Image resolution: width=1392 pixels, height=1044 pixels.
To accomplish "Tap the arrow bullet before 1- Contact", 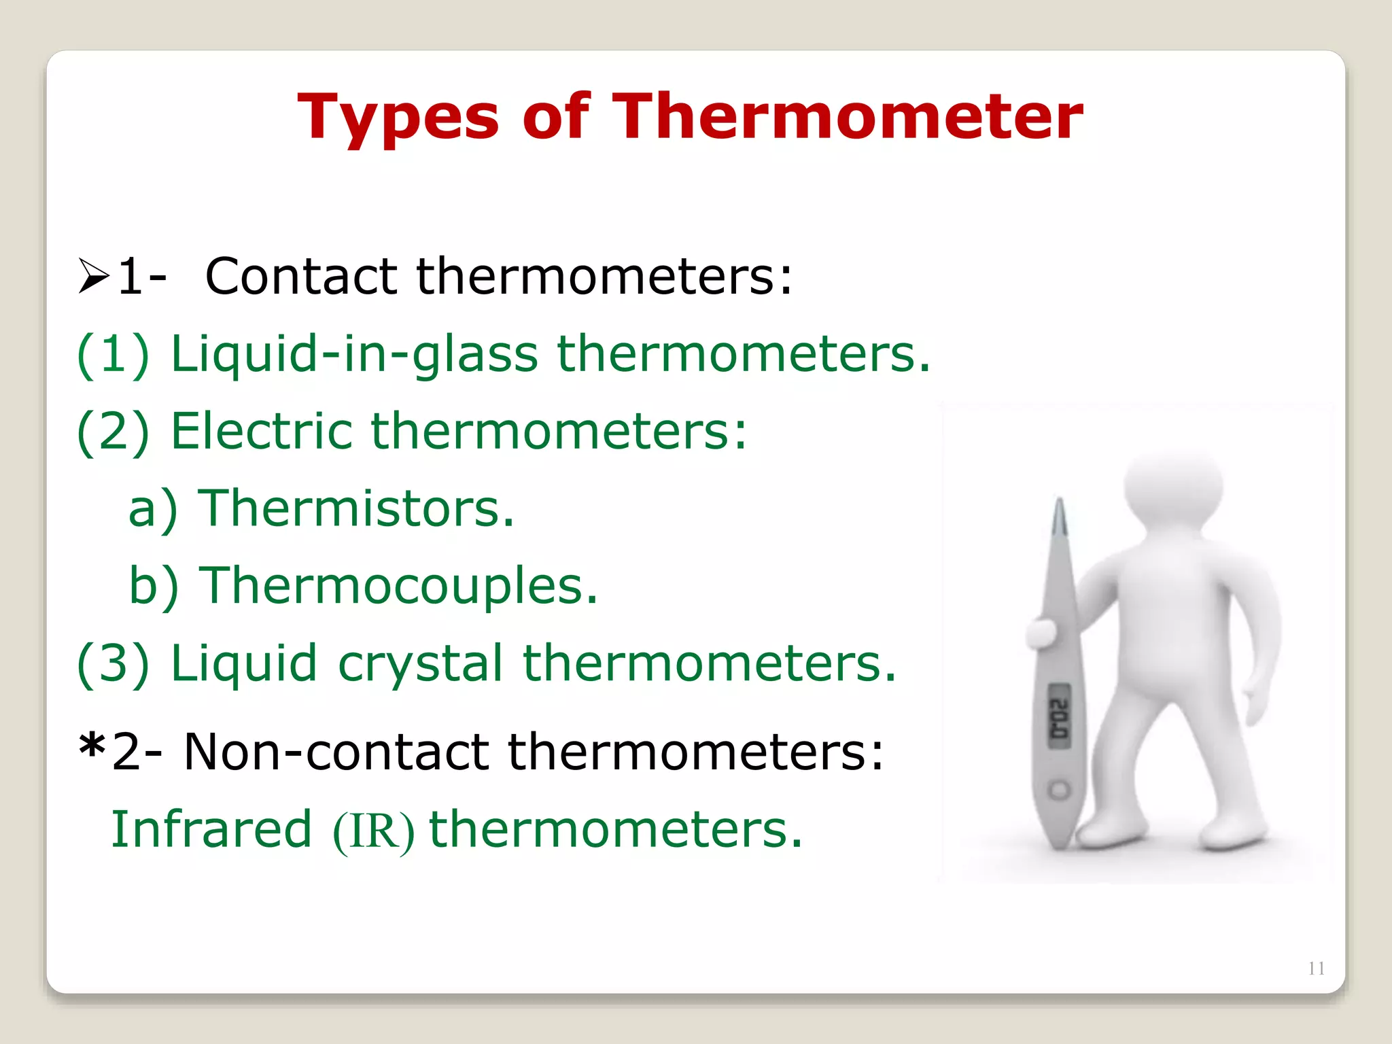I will (x=94, y=276).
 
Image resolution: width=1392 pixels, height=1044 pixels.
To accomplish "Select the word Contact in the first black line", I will (x=300, y=277).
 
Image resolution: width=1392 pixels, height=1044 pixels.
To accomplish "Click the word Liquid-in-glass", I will (x=353, y=355).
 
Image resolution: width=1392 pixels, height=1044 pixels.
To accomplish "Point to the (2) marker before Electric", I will (x=113, y=432).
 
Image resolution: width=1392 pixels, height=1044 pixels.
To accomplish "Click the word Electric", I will (x=261, y=432).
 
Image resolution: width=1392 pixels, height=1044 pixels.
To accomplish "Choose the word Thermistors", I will (x=355, y=508).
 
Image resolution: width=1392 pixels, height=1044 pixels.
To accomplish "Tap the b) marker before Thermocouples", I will (x=154, y=586).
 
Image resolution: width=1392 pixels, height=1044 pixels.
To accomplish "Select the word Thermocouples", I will (x=398, y=586).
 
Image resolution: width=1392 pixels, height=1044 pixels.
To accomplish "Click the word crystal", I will (x=420, y=664).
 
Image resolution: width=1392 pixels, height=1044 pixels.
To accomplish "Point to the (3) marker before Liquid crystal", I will (x=113, y=664).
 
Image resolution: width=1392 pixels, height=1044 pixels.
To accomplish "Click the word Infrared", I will (x=211, y=830).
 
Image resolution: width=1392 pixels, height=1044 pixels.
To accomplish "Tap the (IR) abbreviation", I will (x=373, y=831).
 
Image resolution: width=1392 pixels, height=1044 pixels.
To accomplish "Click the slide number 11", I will (x=1316, y=969).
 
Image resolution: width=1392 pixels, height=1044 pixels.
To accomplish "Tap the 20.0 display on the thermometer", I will (x=1059, y=717).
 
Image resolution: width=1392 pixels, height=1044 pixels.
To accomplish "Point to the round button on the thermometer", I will (x=1059, y=790).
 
